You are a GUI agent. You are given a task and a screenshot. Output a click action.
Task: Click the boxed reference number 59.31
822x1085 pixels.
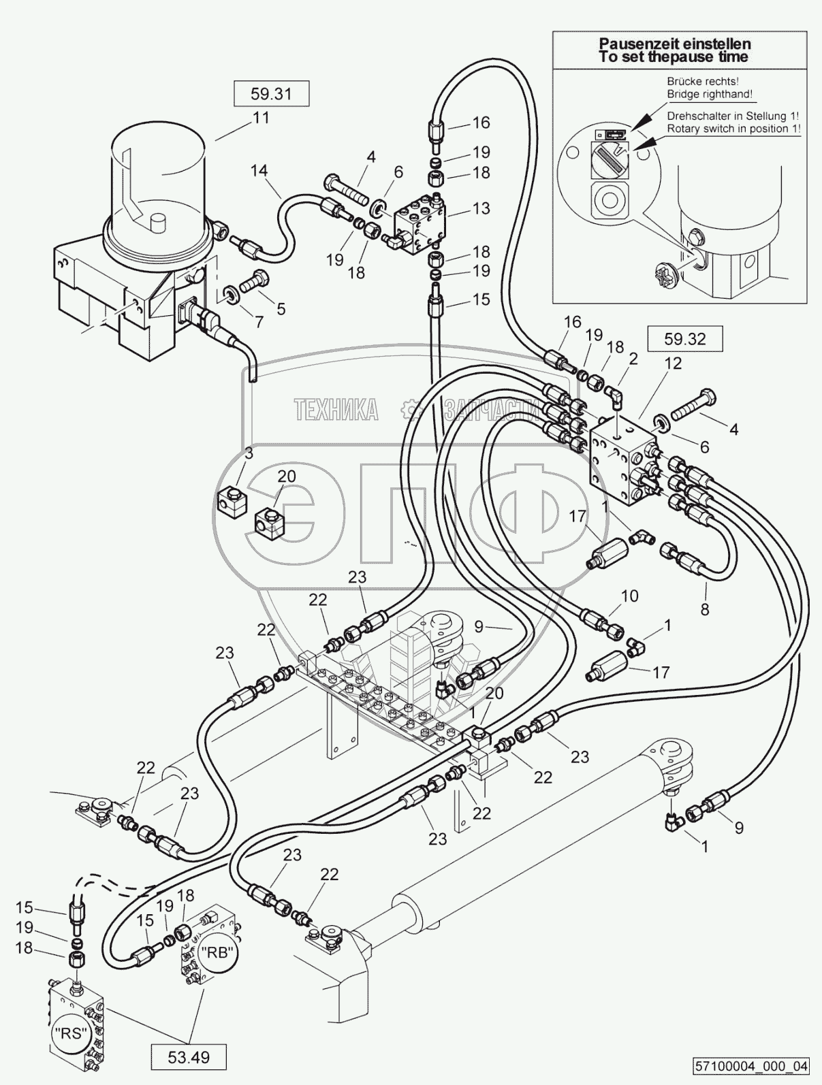pyautogui.click(x=271, y=93)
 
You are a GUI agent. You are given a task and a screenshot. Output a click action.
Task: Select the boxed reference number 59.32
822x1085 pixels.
pyautogui.click(x=684, y=338)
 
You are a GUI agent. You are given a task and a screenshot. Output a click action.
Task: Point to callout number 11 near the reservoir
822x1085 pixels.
pyautogui.click(x=262, y=118)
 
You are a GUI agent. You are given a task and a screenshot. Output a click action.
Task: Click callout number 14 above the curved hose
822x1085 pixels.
pyautogui.click(x=258, y=171)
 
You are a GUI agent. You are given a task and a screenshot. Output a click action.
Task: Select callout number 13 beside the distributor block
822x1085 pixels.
pyautogui.click(x=481, y=208)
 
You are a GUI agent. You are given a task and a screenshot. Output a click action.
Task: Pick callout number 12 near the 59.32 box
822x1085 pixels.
pyautogui.click(x=673, y=363)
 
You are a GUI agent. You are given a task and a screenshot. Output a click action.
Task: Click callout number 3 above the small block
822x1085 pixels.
pyautogui.click(x=249, y=453)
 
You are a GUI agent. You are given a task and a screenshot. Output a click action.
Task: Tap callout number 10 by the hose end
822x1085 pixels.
pyautogui.click(x=629, y=596)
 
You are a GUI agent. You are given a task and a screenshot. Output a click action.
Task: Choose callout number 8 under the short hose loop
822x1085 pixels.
pyautogui.click(x=705, y=609)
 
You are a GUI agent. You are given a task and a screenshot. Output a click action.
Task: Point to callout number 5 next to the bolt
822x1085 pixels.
pyautogui.click(x=280, y=308)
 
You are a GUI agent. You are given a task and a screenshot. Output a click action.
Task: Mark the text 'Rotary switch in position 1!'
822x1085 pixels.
pyautogui.click(x=733, y=128)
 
